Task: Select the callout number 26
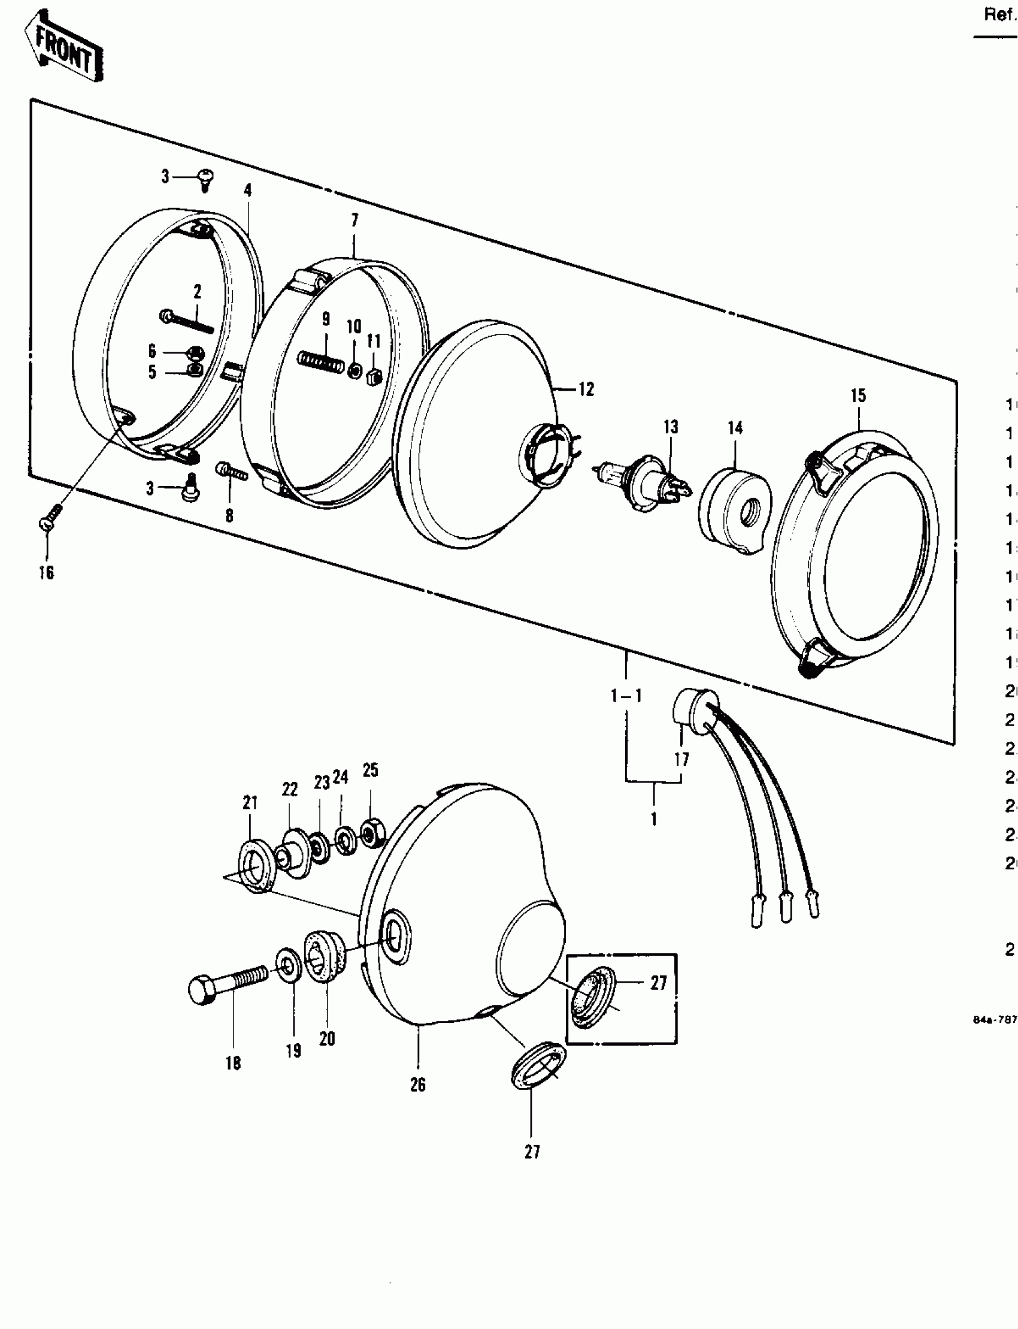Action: (x=418, y=1085)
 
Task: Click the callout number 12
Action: (x=586, y=389)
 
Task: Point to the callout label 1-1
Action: (x=626, y=696)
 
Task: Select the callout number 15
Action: (x=858, y=396)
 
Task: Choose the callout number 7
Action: (x=355, y=220)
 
